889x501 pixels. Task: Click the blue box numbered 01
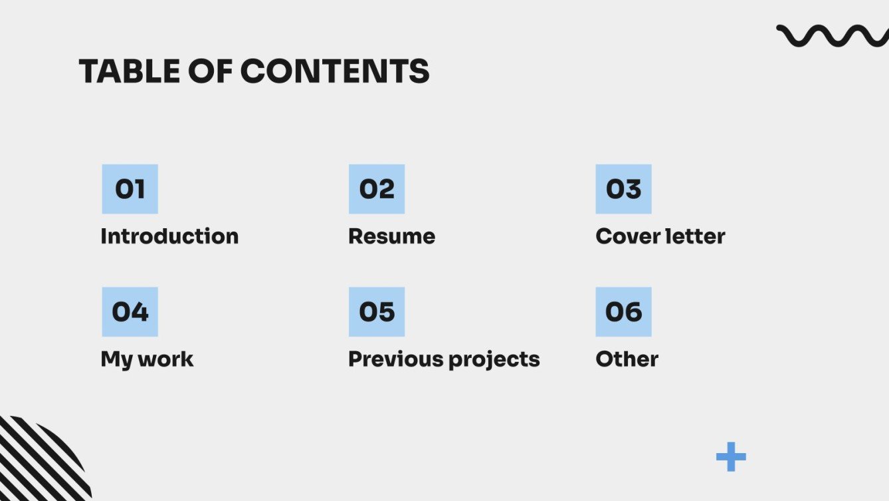point(130,189)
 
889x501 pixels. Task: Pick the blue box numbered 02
point(377,189)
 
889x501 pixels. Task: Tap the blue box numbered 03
point(623,189)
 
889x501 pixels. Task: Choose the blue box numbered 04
point(130,311)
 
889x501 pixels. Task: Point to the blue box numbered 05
point(377,311)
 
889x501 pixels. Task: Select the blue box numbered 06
point(623,311)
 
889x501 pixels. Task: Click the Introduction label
point(169,236)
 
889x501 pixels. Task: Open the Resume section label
point(392,236)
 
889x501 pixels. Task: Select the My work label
point(147,359)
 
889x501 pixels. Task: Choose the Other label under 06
point(627,359)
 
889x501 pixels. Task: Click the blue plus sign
point(731,457)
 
